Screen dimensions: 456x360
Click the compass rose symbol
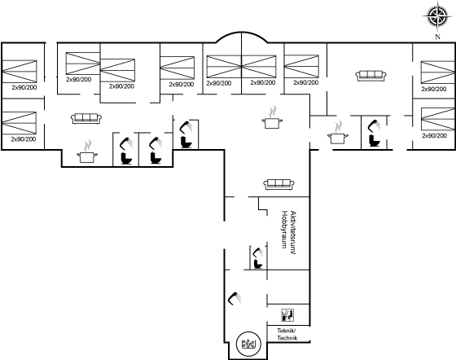pyautogui.click(x=437, y=16)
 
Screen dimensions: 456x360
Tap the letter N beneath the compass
pyautogui.click(x=437, y=37)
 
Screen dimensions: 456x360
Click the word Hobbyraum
pyautogui.click(x=284, y=230)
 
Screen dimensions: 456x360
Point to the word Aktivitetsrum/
pyautogui.click(x=293, y=233)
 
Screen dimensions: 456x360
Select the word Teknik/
pyautogui.click(x=287, y=331)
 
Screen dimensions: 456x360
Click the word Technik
pyautogui.click(x=287, y=338)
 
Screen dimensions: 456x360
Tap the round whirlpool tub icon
pyautogui.click(x=248, y=344)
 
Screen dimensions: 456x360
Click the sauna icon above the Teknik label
pyautogui.click(x=287, y=315)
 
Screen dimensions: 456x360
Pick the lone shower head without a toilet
pyautogui.click(x=235, y=298)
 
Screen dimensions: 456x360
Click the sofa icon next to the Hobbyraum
pyautogui.click(x=278, y=184)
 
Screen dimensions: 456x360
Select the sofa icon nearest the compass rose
pyautogui.click(x=370, y=76)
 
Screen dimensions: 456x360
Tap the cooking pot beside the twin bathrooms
pyautogui.click(x=87, y=157)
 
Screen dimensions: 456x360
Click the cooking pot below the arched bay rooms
pyautogui.click(x=272, y=123)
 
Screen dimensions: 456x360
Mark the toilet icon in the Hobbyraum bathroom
pyautogui.click(x=257, y=264)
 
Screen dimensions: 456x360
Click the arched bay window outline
pyautogui.click(x=241, y=35)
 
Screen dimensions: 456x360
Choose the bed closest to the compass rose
pyautogui.click(x=438, y=72)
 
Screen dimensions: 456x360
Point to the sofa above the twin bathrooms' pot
pyautogui.click(x=86, y=118)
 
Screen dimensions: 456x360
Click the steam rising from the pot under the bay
pyautogui.click(x=273, y=112)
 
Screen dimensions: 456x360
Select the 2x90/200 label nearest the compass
pyautogui.click(x=433, y=89)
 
